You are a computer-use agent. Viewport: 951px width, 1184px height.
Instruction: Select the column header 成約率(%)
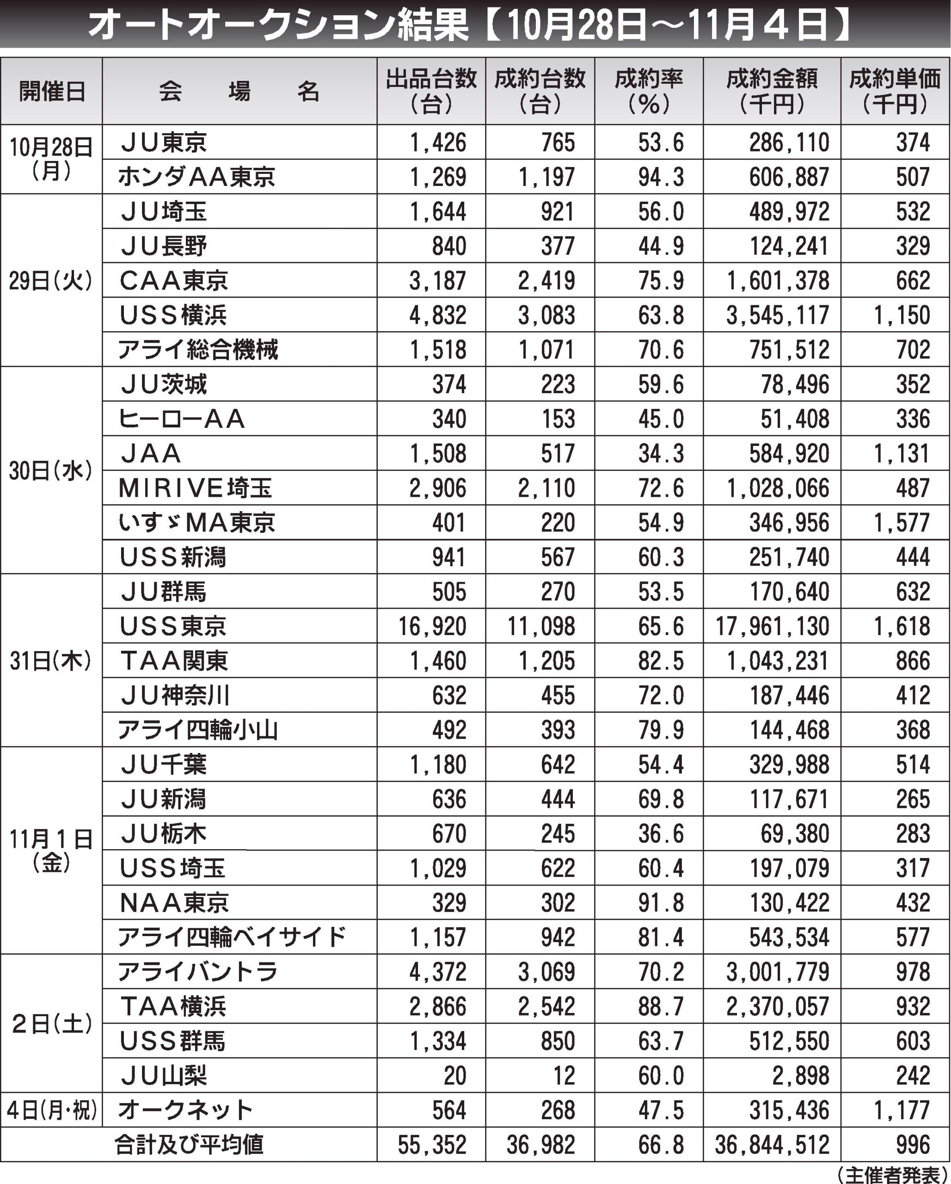tap(649, 91)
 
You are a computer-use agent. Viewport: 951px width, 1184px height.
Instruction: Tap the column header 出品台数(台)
tap(431, 91)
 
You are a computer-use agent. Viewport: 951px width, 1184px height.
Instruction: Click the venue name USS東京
tap(173, 626)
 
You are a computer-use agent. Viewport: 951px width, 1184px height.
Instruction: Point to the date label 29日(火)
tap(50, 281)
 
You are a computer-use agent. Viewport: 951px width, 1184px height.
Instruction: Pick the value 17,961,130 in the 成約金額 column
tap(772, 626)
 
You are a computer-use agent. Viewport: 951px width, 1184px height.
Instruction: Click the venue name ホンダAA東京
tap(196, 177)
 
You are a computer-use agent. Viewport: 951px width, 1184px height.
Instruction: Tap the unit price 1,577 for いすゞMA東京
tap(902, 523)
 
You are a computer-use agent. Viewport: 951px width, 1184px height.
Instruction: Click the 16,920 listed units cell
tap(432, 626)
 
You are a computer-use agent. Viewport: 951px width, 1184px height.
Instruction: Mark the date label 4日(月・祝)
tap(52, 1110)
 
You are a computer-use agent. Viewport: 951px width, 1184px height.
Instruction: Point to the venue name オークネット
tap(185, 1110)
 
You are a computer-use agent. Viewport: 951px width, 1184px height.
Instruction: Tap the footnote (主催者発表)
tap(892, 1175)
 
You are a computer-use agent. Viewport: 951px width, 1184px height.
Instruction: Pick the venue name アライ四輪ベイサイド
tap(232, 937)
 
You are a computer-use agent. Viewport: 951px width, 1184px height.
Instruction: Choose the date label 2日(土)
tap(52, 1024)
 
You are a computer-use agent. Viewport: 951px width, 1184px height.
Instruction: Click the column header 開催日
tap(52, 91)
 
